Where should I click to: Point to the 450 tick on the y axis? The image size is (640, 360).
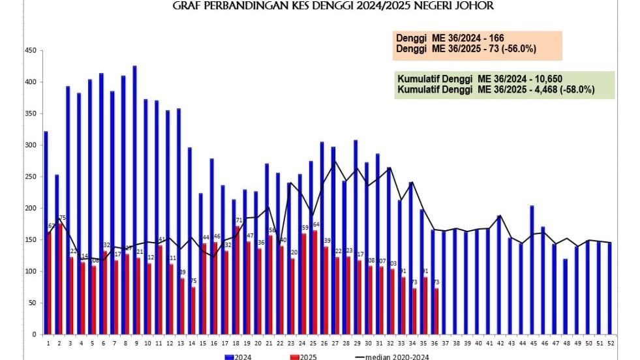click(30, 50)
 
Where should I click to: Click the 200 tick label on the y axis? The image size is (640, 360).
click(30, 208)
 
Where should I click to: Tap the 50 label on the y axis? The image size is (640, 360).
click(31, 303)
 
